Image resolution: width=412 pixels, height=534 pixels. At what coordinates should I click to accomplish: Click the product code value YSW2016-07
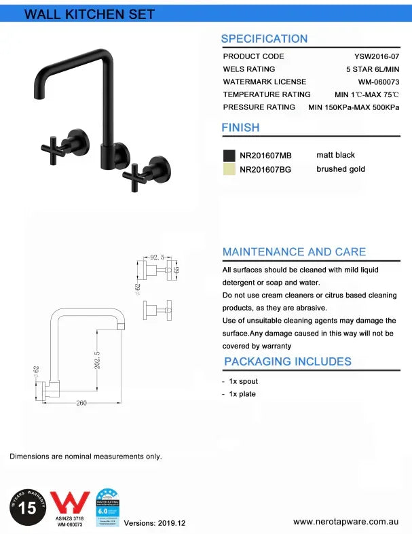[375, 56]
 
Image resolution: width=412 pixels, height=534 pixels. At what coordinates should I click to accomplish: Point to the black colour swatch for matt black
[229, 156]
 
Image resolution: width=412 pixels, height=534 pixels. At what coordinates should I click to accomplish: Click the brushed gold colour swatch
[229, 169]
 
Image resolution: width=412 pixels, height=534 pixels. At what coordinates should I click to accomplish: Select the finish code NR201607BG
[265, 170]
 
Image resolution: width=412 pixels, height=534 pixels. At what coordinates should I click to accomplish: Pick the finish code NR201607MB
[265, 156]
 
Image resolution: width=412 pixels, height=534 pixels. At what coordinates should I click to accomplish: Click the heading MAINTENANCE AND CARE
[294, 252]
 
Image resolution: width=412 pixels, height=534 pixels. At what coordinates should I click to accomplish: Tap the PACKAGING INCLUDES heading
[288, 361]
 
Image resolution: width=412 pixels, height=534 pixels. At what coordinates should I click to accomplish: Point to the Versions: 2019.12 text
[154, 523]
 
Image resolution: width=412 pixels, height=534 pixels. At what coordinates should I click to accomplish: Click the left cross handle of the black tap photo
[54, 145]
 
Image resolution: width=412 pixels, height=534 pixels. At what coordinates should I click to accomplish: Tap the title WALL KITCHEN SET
[90, 14]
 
